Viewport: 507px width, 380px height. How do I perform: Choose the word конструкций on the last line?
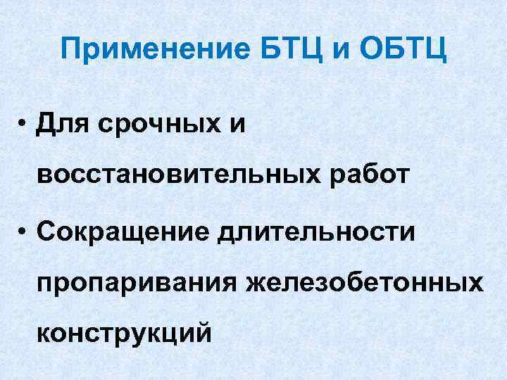click(124, 331)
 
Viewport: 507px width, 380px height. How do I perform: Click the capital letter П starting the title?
click(70, 51)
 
